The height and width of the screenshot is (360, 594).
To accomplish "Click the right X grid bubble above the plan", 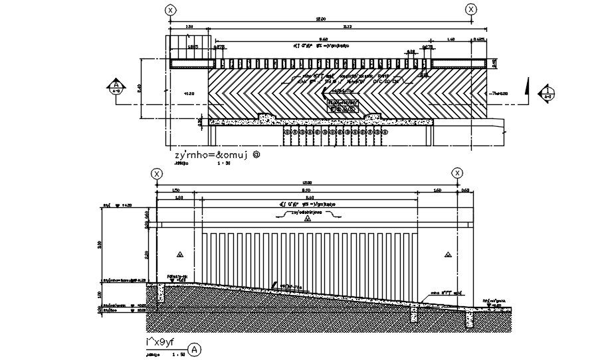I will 471,9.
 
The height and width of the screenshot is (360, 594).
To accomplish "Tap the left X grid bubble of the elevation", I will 157,174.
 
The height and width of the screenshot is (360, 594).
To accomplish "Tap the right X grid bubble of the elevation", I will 457,173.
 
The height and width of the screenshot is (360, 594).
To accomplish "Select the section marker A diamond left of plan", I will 117,88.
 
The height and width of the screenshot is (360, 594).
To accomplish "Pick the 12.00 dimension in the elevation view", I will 307,183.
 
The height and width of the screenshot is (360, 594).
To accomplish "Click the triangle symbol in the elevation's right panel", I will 448,255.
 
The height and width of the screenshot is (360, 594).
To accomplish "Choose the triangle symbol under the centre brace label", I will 308,226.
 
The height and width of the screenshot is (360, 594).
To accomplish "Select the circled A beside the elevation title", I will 193,349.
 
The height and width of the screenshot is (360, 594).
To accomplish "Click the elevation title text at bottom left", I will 161,343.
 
